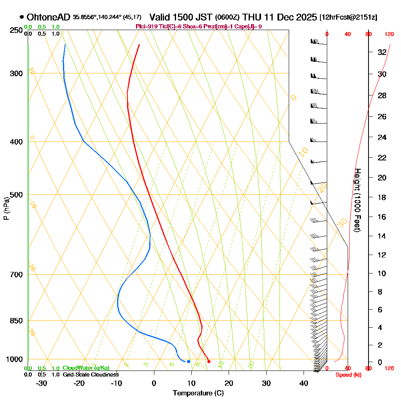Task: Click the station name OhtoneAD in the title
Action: point(49,17)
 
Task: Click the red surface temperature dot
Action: point(209,361)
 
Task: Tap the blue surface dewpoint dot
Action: point(188,361)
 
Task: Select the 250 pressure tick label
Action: point(16,30)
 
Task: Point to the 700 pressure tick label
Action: point(16,275)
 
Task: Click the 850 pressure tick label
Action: point(16,321)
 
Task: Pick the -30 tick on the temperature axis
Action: point(42,383)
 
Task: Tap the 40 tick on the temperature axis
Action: point(304,383)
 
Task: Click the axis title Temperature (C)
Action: point(198,393)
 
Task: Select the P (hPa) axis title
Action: point(6,209)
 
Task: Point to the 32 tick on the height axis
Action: point(382,52)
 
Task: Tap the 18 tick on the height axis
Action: point(382,197)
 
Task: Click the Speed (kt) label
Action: point(349,375)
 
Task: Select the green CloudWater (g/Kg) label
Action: point(86,368)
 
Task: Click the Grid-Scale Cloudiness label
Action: point(91,375)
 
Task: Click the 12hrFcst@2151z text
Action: point(348,18)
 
